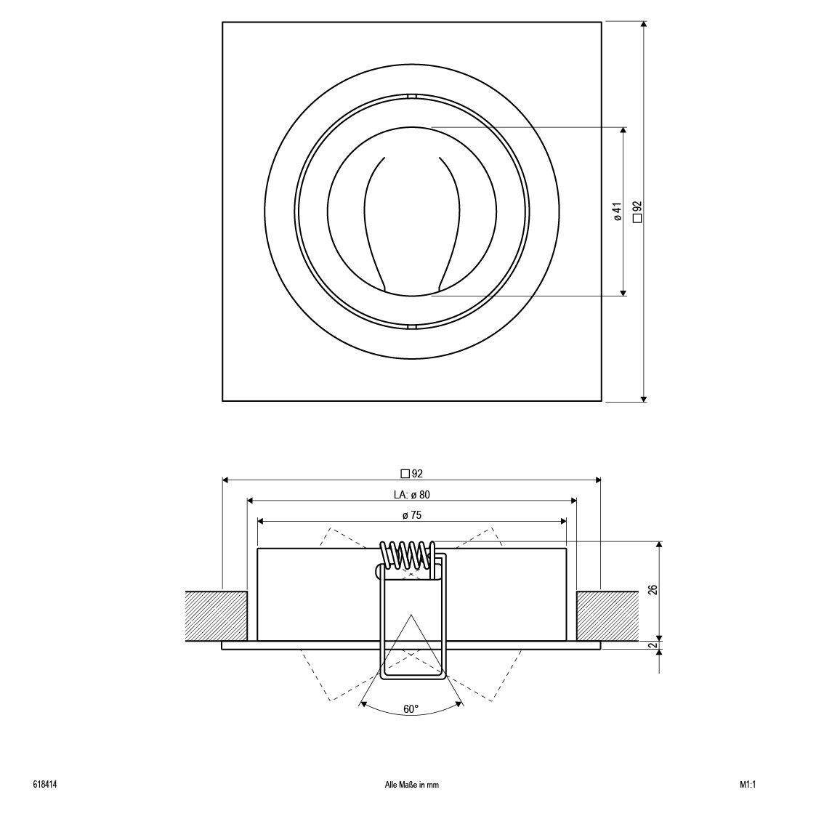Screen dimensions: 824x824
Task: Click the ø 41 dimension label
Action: (x=618, y=211)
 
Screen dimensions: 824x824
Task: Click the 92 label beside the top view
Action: (x=638, y=211)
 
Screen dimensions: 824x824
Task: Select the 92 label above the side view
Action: (x=411, y=474)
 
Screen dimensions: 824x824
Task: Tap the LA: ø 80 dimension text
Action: (x=411, y=495)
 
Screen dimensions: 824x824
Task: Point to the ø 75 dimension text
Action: (x=412, y=515)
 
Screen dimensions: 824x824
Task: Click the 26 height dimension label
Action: (x=653, y=589)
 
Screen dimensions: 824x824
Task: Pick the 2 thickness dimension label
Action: (x=653, y=645)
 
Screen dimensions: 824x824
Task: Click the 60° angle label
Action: (x=411, y=709)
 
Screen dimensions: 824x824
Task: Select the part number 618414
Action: (x=44, y=785)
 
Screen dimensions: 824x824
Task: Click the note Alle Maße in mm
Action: (x=412, y=785)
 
